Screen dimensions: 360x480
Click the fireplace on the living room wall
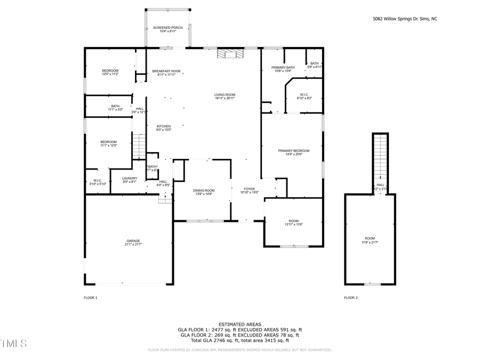(x=229, y=53)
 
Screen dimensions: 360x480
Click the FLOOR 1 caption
(x=91, y=298)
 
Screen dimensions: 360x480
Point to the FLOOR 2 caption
(x=350, y=298)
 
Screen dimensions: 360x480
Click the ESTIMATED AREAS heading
(x=239, y=324)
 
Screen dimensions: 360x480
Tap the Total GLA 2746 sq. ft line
(x=239, y=340)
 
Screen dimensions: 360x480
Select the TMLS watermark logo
(x=13, y=342)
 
